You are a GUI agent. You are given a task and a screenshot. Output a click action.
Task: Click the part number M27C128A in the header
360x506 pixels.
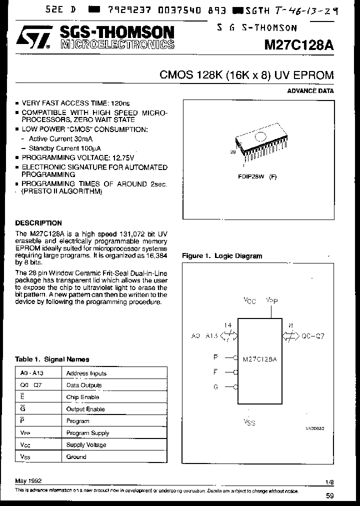(x=299, y=44)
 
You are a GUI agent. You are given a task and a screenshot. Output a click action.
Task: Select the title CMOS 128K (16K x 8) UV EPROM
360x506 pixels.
(x=246, y=75)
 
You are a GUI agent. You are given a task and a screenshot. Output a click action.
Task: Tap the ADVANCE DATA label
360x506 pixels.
(x=310, y=91)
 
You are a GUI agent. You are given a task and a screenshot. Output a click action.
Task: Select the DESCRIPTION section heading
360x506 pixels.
(x=38, y=223)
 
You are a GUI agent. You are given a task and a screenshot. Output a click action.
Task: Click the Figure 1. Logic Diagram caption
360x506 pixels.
(x=222, y=256)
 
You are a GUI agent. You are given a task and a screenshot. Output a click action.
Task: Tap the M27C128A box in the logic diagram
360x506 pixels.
(x=259, y=359)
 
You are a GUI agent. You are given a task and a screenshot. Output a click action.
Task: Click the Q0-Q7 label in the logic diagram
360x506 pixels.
(x=313, y=336)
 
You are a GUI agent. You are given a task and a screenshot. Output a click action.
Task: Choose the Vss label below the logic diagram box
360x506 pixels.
(x=249, y=422)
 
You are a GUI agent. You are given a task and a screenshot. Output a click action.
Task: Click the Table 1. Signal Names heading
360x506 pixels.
(x=52, y=359)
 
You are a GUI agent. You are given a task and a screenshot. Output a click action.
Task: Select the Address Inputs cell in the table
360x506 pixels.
(x=86, y=373)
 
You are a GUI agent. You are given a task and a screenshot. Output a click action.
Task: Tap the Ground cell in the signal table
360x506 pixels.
(x=76, y=456)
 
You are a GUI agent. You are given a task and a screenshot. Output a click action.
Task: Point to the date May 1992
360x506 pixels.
(x=28, y=480)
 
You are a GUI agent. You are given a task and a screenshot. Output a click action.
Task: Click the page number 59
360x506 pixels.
(x=329, y=496)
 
